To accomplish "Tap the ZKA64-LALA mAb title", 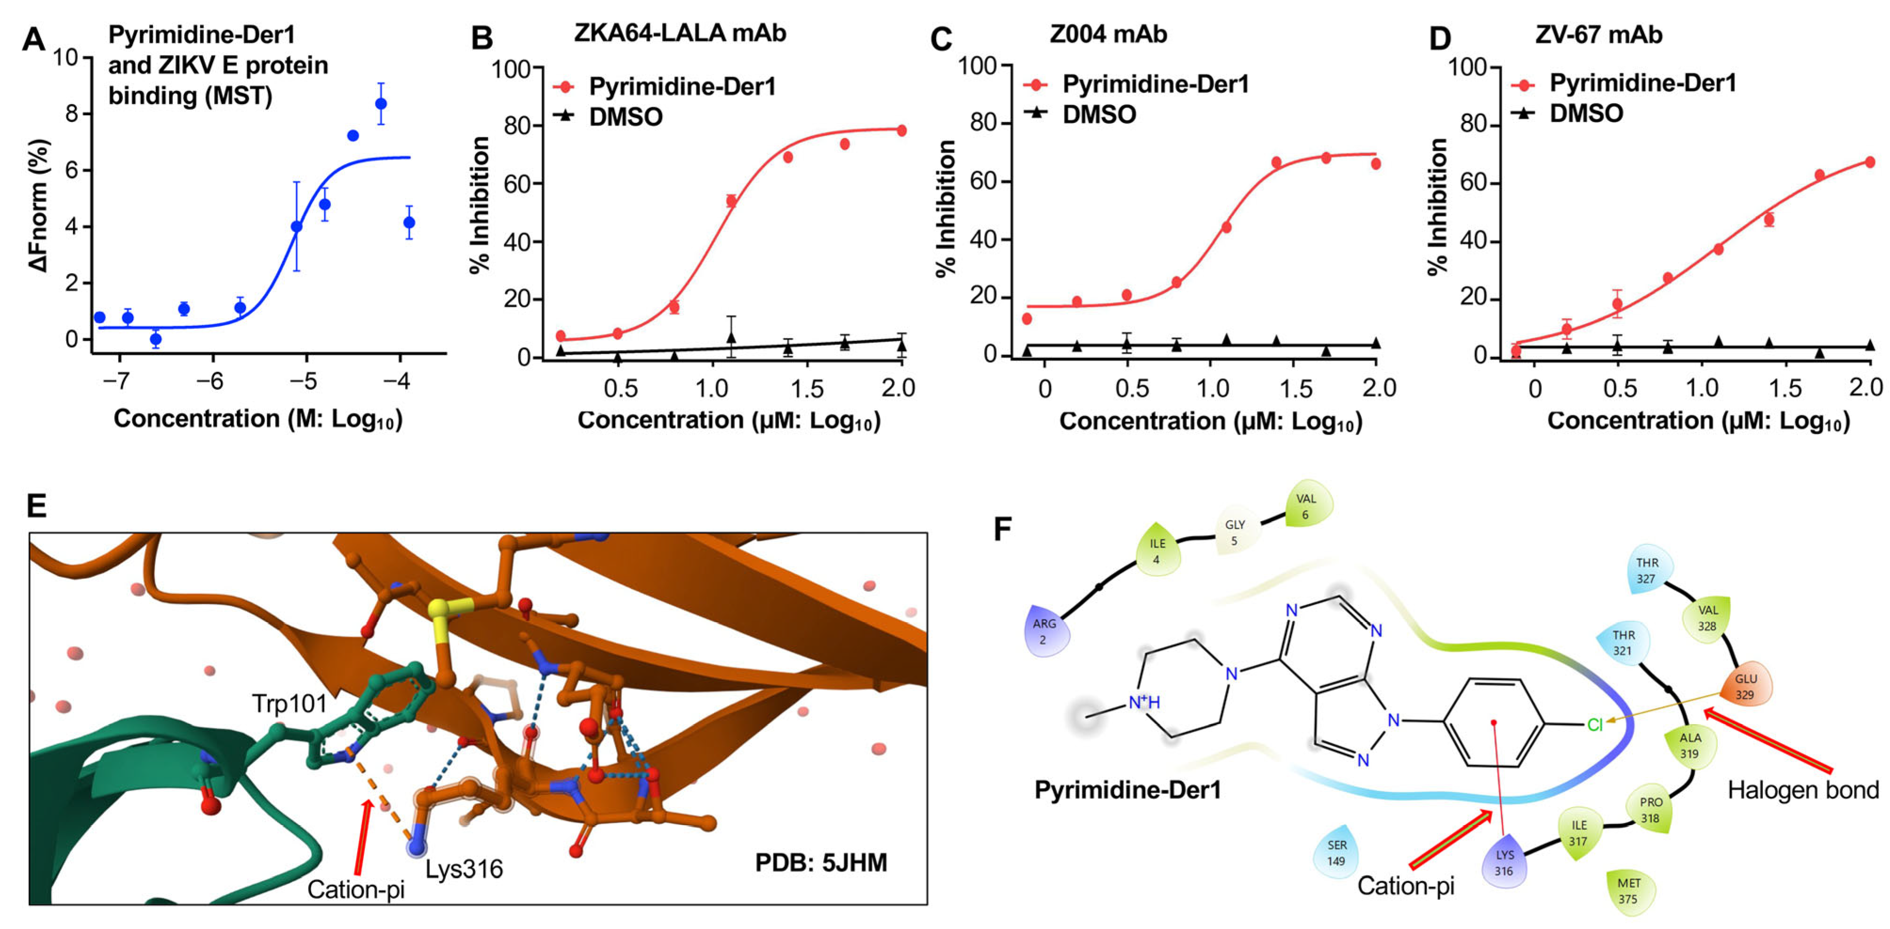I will [x=680, y=34].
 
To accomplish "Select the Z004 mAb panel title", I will [x=1108, y=34].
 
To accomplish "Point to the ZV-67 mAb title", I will [x=1599, y=34].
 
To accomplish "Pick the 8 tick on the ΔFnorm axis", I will [x=72, y=114].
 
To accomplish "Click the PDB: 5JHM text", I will [x=821, y=862].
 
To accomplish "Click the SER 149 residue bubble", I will [x=1336, y=853].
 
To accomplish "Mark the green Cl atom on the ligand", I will [x=1594, y=725].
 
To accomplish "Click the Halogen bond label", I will [x=1802, y=790].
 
